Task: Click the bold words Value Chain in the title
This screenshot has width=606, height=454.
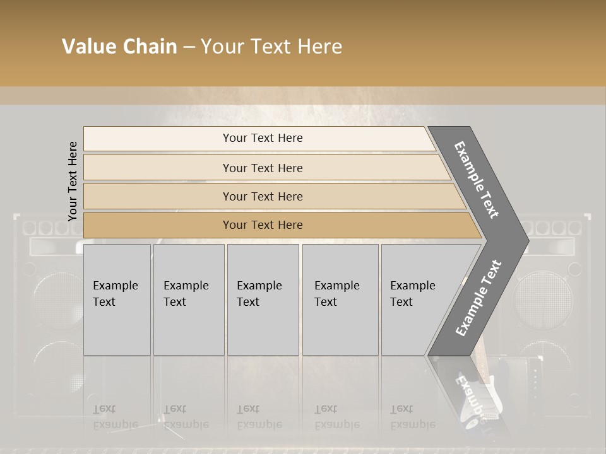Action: pos(119,47)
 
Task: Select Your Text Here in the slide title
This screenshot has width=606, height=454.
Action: pos(271,47)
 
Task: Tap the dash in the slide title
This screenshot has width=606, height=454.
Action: pos(188,47)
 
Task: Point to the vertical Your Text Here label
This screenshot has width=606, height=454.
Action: pos(73,181)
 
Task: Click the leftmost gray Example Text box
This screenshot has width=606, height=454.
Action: pos(117,300)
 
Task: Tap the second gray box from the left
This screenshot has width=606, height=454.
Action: pos(189,300)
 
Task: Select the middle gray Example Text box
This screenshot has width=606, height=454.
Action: pos(263,300)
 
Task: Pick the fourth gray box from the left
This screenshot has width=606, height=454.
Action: pos(340,300)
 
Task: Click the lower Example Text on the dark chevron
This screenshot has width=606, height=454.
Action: pos(478,298)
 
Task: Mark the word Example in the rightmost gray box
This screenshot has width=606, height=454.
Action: pos(413,286)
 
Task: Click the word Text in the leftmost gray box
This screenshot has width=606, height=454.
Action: pos(104,302)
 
